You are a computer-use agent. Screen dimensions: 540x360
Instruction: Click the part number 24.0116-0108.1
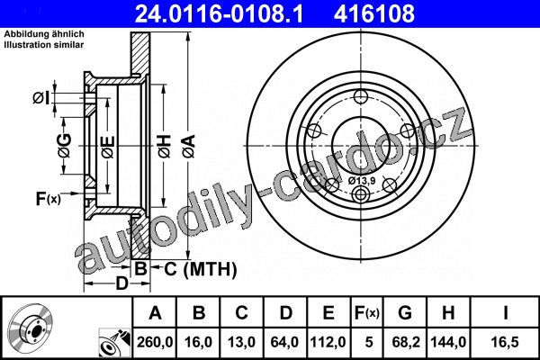(x=219, y=13)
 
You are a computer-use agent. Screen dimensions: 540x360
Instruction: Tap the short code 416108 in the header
(x=374, y=13)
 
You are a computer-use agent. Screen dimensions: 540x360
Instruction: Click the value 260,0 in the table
(x=155, y=342)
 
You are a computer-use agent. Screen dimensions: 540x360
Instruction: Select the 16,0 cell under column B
(x=198, y=342)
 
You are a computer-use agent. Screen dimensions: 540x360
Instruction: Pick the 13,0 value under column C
(x=241, y=342)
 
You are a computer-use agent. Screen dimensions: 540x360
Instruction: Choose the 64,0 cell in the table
(x=284, y=342)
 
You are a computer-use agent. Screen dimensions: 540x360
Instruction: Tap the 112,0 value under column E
(x=328, y=342)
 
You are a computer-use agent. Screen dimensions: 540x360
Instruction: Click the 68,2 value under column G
(x=406, y=342)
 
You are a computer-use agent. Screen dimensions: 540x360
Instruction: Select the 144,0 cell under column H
(x=448, y=342)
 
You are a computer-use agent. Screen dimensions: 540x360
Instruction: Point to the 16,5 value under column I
(x=505, y=342)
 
